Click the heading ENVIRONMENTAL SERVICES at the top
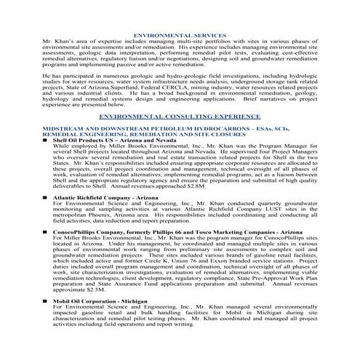click(x=180, y=35)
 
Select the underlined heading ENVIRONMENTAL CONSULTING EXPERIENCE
click(x=180, y=116)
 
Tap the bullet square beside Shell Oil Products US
click(x=47, y=142)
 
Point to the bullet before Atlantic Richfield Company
click(x=47, y=197)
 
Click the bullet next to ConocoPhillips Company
click(x=47, y=231)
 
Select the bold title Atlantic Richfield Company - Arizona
click(x=108, y=197)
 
